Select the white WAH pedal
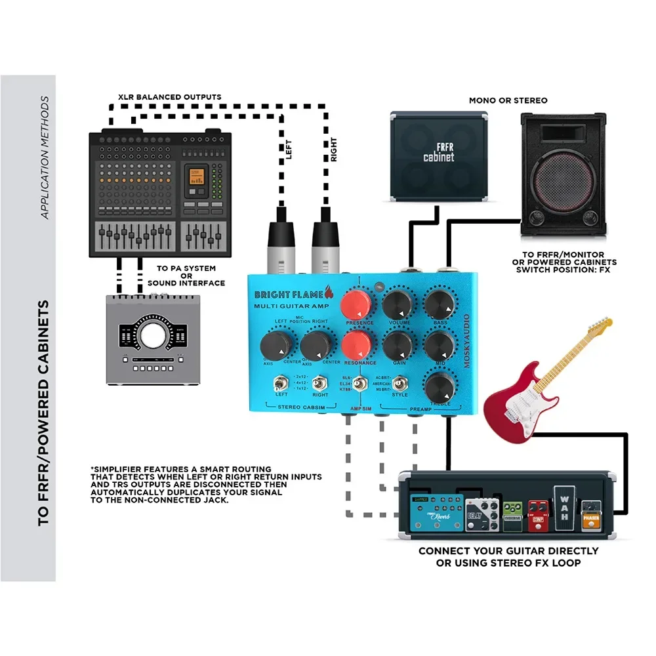pos(563,507)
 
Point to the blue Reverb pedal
pos(438,510)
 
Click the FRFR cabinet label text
pos(438,152)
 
